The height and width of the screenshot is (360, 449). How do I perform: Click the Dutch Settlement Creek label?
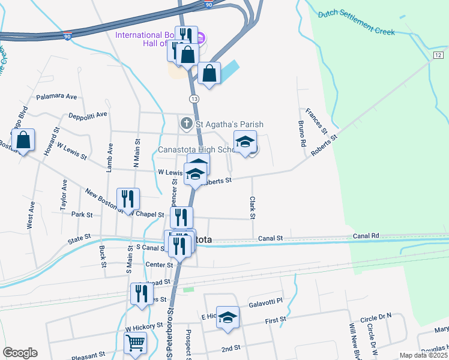tap(357, 22)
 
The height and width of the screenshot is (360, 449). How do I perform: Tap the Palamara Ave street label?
tap(57, 96)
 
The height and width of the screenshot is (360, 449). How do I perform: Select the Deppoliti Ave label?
tap(88, 115)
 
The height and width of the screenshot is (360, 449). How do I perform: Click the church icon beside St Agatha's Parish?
tap(186, 124)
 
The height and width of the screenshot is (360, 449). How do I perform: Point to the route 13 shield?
tap(193, 98)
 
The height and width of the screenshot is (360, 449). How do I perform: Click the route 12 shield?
tap(439, 55)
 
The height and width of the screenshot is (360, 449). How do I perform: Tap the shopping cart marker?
tap(136, 343)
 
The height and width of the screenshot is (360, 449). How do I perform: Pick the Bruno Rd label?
tap(302, 134)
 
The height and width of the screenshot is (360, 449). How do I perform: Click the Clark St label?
tap(253, 208)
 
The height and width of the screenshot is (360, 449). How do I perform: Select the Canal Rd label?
tap(367, 236)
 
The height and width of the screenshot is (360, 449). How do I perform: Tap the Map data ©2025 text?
tap(423, 355)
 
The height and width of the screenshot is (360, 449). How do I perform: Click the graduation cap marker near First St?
tap(228, 317)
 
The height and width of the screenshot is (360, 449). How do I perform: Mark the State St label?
tap(79, 238)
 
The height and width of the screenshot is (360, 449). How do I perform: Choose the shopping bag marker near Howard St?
tap(23, 140)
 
